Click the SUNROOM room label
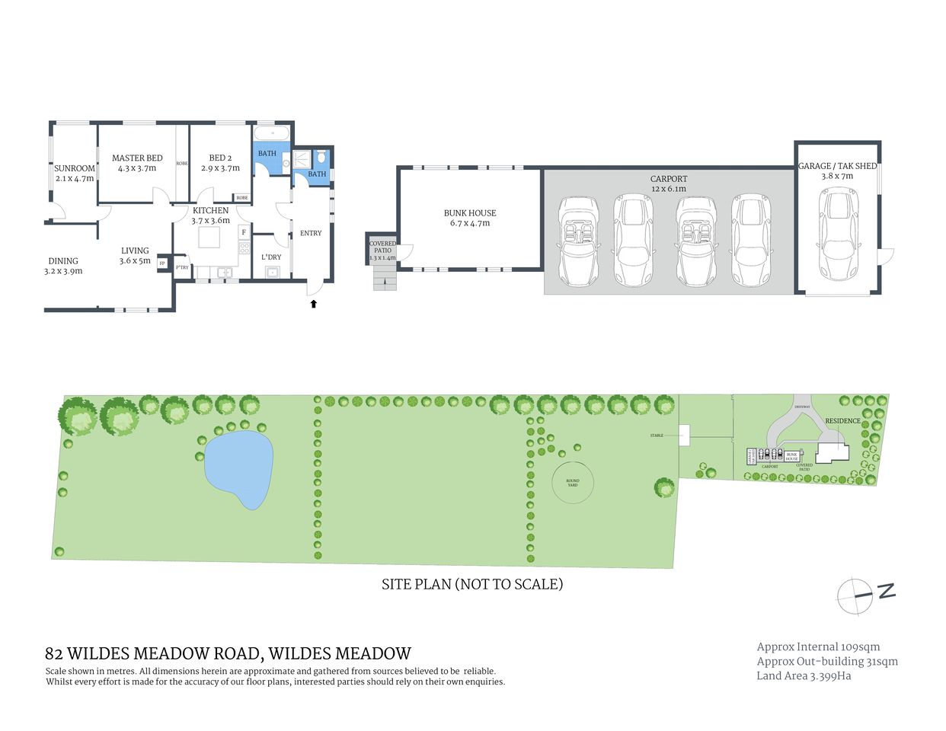pyautogui.click(x=75, y=168)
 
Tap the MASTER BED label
pyautogui.click(x=137, y=158)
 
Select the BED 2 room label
pyautogui.click(x=220, y=158)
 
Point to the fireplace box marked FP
pyautogui.click(x=162, y=263)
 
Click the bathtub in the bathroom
pyautogui.click(x=272, y=133)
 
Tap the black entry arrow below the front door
pyautogui.click(x=313, y=304)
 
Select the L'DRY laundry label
pyautogui.click(x=271, y=257)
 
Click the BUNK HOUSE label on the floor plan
pyautogui.click(x=470, y=213)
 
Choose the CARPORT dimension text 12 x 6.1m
pyautogui.click(x=669, y=189)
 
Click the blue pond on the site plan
pyautogui.click(x=239, y=468)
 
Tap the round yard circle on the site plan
pyautogui.click(x=572, y=482)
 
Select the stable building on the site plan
pyautogui.click(x=684, y=435)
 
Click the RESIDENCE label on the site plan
pyautogui.click(x=842, y=420)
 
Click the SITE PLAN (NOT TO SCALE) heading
pyautogui.click(x=471, y=584)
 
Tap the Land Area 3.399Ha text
pyautogui.click(x=804, y=675)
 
